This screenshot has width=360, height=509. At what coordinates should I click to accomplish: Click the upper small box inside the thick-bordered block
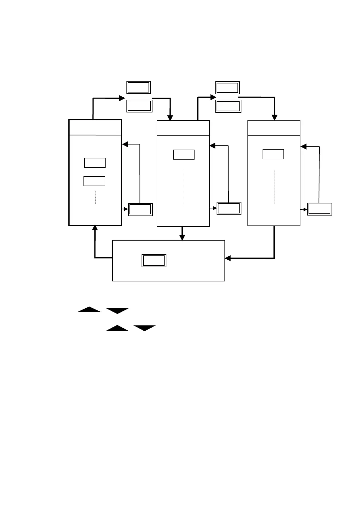click(95, 163)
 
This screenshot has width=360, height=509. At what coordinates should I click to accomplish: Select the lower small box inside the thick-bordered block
click(94, 181)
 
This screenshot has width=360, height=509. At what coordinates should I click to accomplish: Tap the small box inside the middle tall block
click(184, 154)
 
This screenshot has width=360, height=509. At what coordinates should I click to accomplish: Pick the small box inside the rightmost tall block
click(273, 154)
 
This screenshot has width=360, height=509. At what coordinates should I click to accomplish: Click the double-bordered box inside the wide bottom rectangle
click(154, 261)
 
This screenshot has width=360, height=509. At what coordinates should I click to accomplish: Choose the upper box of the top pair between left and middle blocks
click(139, 87)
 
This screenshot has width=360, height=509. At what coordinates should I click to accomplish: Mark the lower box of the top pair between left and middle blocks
click(139, 106)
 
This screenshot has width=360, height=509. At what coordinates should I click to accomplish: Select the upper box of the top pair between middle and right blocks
click(227, 88)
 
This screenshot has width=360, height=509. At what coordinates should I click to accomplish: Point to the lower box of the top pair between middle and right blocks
click(228, 106)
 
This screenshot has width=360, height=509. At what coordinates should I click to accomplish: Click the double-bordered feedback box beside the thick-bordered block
click(140, 209)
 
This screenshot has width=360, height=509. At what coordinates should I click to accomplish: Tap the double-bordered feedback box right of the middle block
click(229, 208)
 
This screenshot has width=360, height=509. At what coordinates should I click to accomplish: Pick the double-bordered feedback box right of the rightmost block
click(320, 209)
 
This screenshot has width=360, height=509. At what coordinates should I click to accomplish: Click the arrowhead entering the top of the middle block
click(170, 118)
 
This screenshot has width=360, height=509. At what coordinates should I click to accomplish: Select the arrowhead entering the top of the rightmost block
click(274, 118)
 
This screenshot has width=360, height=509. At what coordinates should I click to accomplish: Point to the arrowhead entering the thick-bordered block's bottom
click(95, 228)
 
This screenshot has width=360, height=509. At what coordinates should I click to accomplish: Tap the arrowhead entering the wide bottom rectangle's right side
click(228, 258)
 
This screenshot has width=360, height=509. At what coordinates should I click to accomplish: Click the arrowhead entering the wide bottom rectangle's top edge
click(182, 238)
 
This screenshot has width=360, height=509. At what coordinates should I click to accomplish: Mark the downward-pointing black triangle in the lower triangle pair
click(145, 328)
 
